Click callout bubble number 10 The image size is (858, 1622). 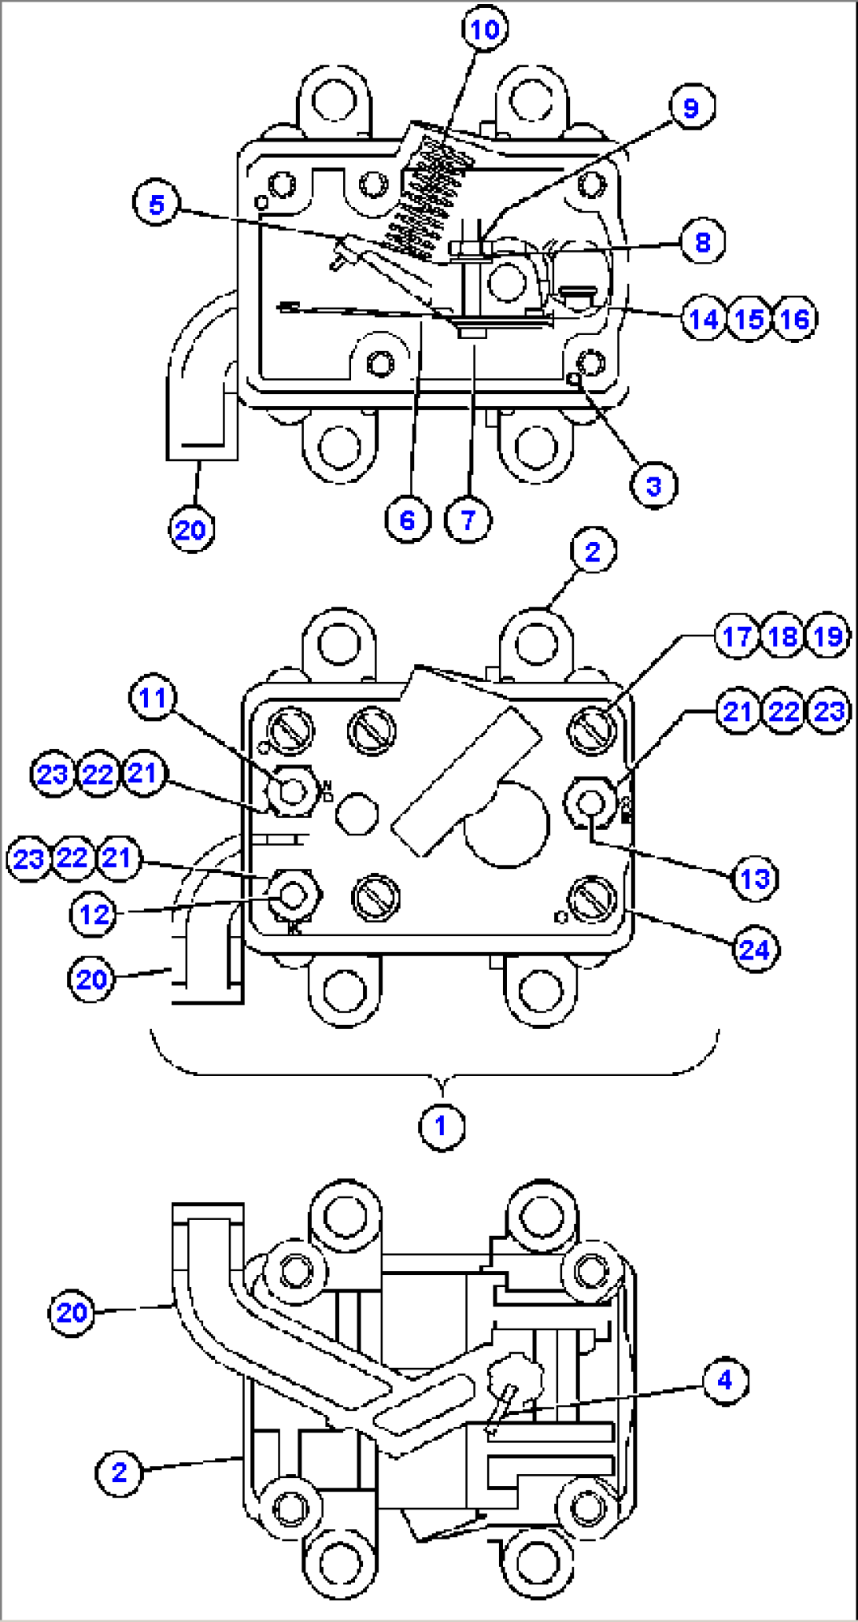coord(484,30)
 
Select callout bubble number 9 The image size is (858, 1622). coord(690,107)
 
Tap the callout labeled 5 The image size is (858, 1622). coord(157,205)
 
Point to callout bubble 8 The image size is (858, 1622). coord(702,241)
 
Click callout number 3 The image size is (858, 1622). coord(653,486)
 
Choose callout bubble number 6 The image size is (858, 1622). coord(407,519)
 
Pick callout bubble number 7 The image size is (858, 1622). coord(468,519)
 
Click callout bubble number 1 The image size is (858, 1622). coord(441,1126)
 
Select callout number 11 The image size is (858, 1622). coord(153,698)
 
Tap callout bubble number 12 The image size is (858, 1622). coord(94,914)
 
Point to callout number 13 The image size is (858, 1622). coord(755,878)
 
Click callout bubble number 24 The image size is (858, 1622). coord(754,950)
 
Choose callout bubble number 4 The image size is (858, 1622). coord(724,1380)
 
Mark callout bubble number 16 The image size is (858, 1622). coord(795,319)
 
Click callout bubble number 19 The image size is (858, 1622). coord(828,636)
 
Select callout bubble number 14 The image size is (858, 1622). coord(704,319)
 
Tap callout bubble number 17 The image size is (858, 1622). coord(737,636)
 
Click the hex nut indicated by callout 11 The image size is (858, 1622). coord(291,791)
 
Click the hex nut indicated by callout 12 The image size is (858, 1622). coord(293,894)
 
